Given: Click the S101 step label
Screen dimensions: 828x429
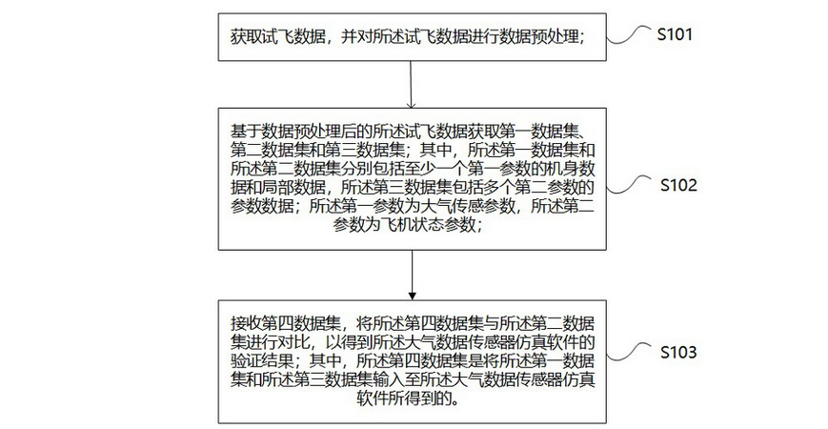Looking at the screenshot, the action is tap(675, 34).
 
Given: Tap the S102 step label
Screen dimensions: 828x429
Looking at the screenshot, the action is tap(678, 185).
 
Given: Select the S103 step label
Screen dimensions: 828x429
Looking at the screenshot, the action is tap(678, 352).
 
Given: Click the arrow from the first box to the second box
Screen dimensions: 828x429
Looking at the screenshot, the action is tap(412, 85).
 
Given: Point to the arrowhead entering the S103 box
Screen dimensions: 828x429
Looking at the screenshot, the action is tap(413, 296).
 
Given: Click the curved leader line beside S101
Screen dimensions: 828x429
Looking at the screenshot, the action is tap(629, 35).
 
